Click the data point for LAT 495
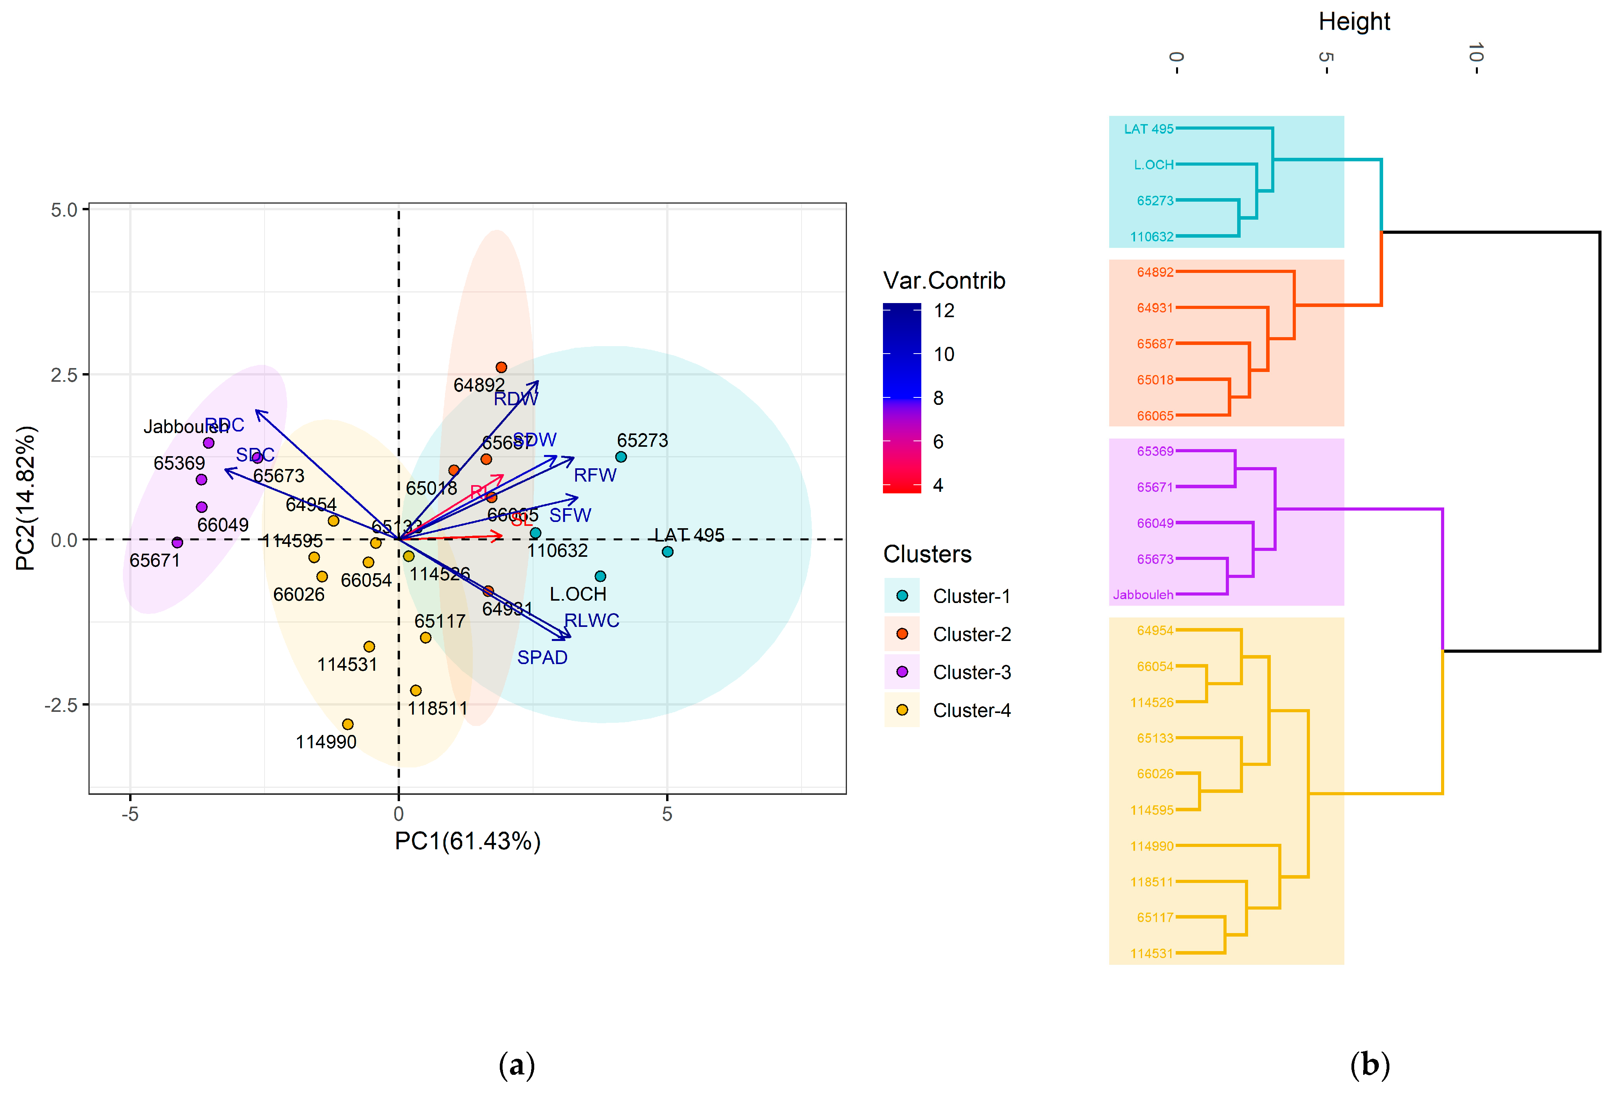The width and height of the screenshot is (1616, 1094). (667, 552)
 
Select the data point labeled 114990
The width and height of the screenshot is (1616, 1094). (348, 724)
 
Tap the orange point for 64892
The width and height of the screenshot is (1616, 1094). (501, 367)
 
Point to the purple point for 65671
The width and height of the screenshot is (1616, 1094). (177, 542)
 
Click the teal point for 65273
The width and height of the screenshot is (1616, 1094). (621, 457)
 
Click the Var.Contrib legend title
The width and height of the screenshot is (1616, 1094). (944, 280)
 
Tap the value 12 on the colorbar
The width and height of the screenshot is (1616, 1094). (944, 311)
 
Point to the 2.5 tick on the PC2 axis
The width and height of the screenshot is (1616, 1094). (64, 374)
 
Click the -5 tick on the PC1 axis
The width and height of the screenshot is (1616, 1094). (130, 814)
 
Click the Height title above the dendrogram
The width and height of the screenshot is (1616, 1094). (1354, 22)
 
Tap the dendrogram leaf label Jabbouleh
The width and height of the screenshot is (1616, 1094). (1142, 595)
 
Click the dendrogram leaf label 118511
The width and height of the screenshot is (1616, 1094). (1151, 882)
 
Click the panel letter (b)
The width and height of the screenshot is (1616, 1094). (1369, 1065)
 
